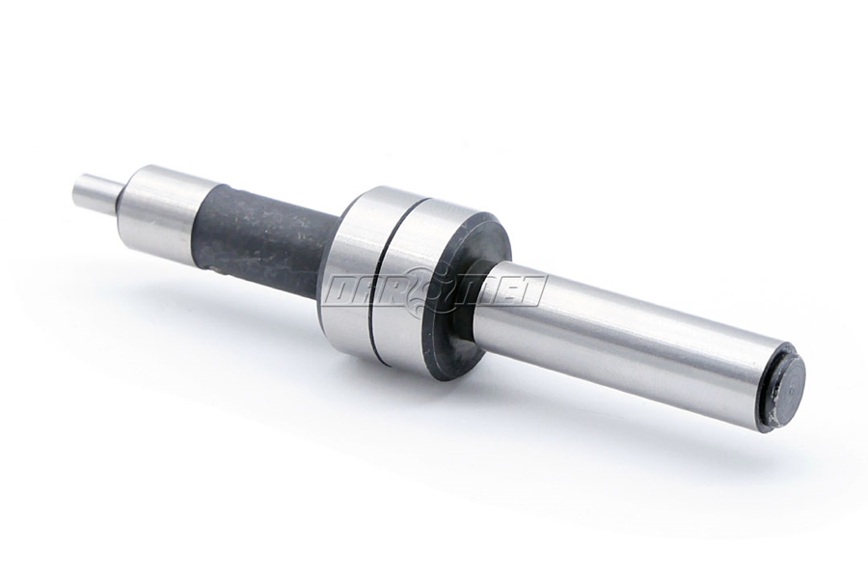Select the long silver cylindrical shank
click(x=627, y=338)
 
